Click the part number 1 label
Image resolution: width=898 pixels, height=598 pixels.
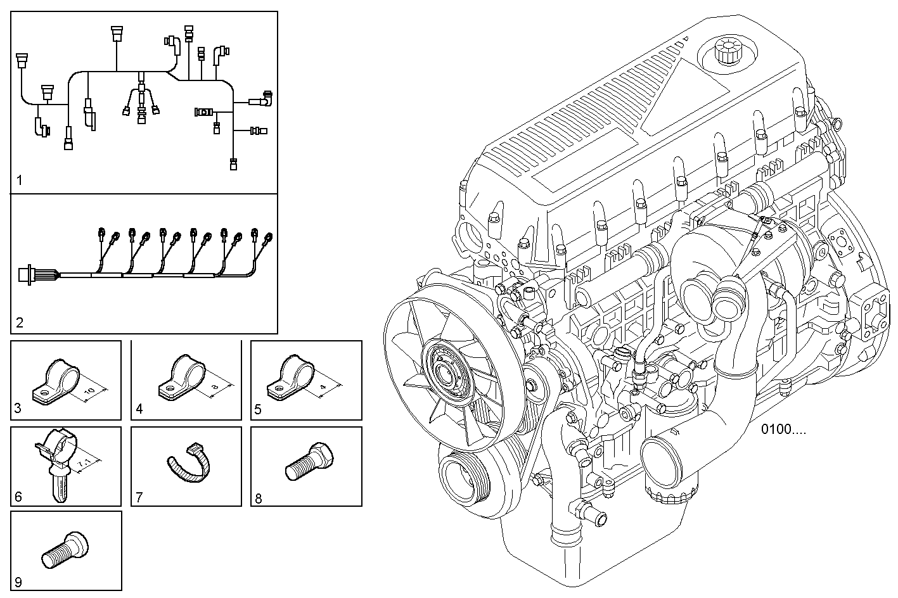point(19,181)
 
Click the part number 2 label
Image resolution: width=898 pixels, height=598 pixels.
point(20,323)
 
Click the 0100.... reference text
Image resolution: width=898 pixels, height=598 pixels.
point(784,429)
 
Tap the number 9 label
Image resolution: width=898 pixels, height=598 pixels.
point(18,582)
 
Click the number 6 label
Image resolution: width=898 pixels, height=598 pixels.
point(18,497)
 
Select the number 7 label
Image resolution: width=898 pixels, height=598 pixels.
point(139,497)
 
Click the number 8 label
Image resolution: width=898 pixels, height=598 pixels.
point(258,497)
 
